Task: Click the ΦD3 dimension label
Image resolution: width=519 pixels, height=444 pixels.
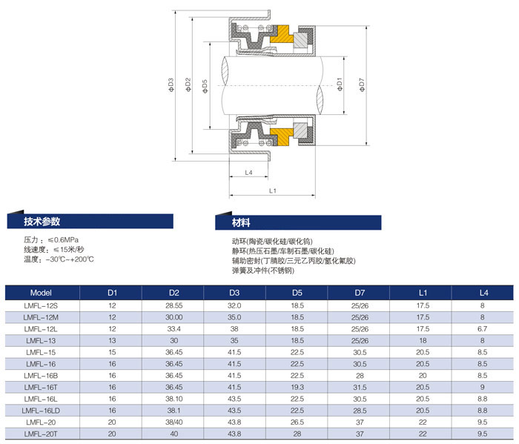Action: coord(171,85)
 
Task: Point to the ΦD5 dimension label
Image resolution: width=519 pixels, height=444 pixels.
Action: coord(205,86)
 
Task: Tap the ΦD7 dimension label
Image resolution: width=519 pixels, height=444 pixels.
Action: coord(362,85)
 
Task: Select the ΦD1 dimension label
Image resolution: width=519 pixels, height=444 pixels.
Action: coord(340,85)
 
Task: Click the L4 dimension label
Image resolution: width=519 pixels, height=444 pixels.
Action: coord(248,173)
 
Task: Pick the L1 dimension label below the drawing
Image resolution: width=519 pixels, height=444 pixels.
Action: coord(272,190)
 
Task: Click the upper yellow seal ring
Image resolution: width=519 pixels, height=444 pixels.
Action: coord(282,34)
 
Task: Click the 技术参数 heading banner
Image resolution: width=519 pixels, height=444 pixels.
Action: coord(90,221)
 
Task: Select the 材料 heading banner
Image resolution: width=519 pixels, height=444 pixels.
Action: coord(298,222)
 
